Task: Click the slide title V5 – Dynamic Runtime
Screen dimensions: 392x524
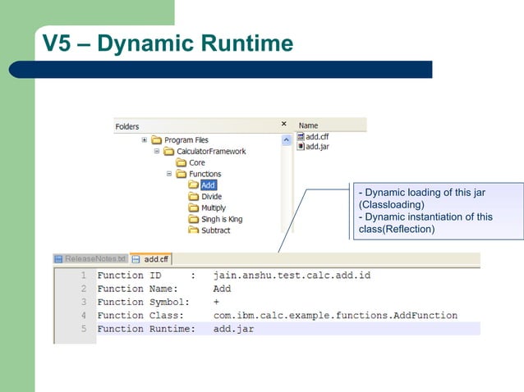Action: click(168, 43)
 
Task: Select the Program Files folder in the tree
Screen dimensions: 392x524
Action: click(186, 140)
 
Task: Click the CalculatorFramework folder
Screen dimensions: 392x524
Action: click(210, 151)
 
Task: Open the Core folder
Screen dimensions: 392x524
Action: click(196, 162)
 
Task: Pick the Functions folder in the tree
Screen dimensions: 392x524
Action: click(205, 174)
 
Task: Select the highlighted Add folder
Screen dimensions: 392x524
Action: click(208, 185)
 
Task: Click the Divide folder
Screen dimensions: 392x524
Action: click(211, 197)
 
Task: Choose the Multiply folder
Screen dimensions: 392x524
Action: click(213, 208)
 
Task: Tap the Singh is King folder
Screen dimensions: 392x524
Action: click(221, 220)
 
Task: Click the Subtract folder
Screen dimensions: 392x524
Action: click(215, 230)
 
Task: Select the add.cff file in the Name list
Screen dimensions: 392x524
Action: click(317, 137)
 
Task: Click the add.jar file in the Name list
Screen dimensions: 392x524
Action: click(317, 147)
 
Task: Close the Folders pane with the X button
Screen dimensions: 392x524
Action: click(284, 124)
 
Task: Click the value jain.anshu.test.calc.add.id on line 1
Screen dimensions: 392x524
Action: click(292, 276)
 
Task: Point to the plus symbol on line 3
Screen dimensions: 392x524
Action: click(216, 302)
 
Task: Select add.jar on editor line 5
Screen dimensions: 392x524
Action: click(233, 329)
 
